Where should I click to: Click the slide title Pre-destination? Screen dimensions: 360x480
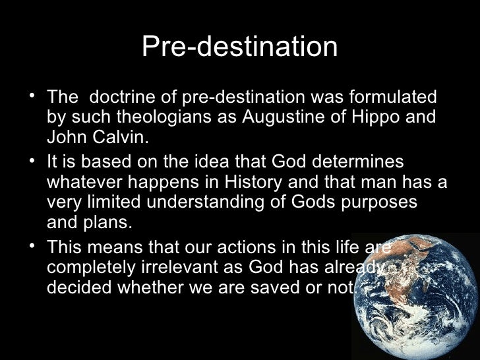click(x=239, y=48)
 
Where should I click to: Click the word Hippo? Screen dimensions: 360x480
click(x=372, y=119)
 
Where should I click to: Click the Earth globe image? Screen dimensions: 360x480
click(x=415, y=297)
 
